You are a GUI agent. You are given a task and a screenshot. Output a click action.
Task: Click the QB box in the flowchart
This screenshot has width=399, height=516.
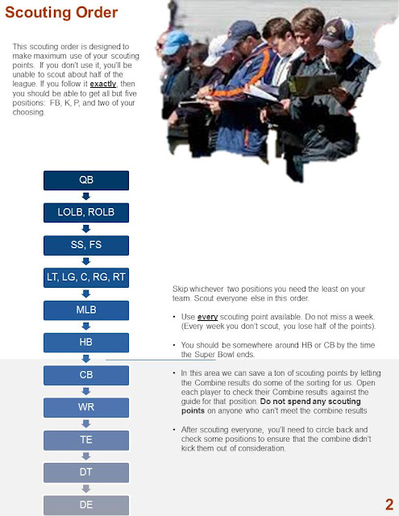pos(86,181)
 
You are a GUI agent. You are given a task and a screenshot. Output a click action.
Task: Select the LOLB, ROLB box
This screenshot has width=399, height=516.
pos(86,213)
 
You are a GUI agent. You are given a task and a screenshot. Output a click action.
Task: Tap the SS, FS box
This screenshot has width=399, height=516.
pos(86,245)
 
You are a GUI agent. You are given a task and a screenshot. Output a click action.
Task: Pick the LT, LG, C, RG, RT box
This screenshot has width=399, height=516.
pos(86,277)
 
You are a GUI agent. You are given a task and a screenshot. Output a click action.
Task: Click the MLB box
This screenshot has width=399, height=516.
pos(86,310)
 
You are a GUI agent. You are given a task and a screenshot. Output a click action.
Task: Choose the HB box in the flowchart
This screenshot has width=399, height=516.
pos(86,343)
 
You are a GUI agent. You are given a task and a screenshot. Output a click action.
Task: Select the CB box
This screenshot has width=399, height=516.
pos(86,375)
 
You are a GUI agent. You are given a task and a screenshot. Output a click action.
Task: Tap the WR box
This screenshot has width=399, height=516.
pos(86,408)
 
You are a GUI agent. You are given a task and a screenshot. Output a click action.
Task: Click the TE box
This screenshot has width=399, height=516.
pos(86,440)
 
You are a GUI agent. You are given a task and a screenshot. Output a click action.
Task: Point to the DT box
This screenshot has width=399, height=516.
pos(86,472)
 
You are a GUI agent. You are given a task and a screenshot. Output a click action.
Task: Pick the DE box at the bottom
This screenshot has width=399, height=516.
pos(86,506)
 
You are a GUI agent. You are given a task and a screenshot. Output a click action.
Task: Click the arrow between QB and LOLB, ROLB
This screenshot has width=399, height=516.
pos(86,197)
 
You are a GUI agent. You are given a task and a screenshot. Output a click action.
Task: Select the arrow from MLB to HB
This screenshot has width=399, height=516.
pos(86,327)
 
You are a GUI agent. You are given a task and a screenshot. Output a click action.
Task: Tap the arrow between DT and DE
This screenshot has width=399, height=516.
pos(86,489)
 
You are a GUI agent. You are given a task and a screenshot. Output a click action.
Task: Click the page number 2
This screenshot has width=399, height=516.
pos(389,505)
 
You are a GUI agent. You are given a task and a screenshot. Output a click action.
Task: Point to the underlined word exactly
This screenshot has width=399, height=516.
pos(103,84)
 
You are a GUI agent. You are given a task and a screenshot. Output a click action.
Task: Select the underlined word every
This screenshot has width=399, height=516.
pos(207,317)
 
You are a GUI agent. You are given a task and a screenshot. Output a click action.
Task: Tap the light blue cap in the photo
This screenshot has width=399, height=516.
pos(176,41)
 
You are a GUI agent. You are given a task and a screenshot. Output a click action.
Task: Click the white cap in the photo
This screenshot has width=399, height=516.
pos(214,50)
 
